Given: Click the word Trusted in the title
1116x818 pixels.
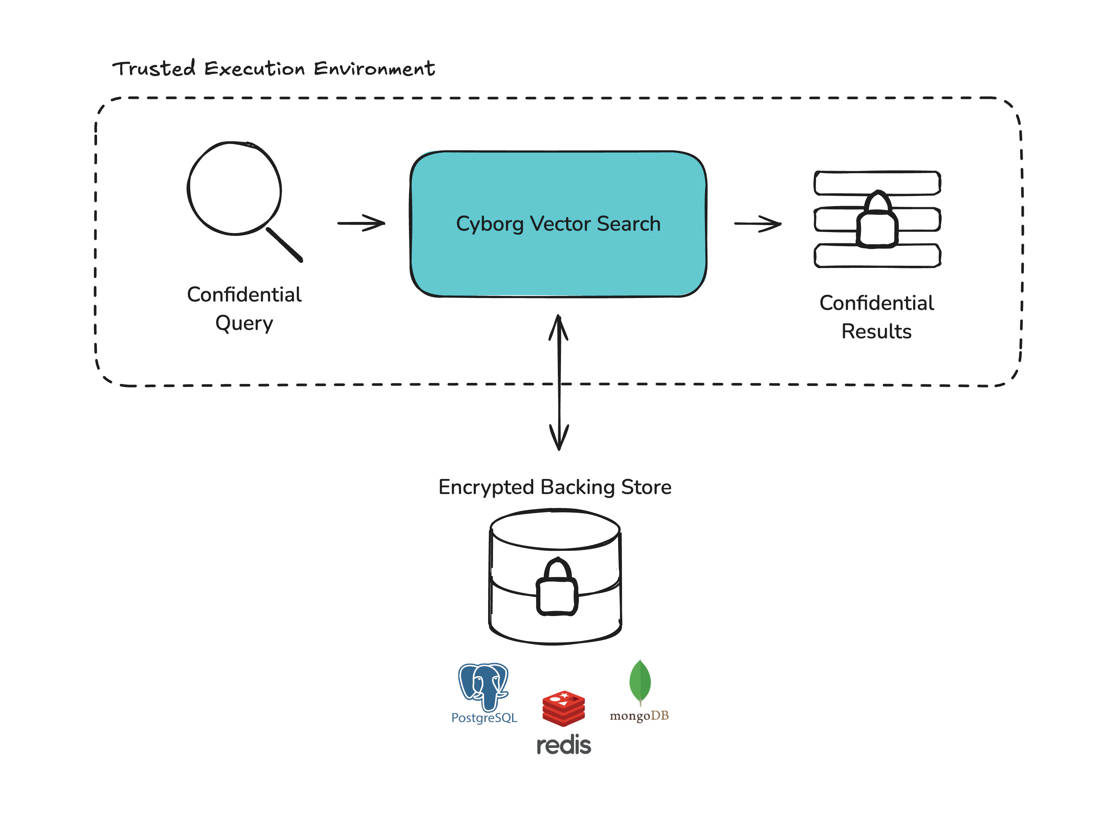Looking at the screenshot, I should [154, 68].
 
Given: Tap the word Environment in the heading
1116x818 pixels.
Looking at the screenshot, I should [374, 68].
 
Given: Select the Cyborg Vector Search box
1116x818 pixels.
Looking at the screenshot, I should [558, 224].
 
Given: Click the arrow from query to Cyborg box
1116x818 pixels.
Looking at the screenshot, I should [361, 223].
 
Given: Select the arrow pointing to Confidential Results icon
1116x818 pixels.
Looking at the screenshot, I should [758, 224].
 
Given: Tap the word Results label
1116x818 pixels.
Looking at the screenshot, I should [876, 331].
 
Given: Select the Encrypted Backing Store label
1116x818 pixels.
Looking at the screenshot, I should [555, 487].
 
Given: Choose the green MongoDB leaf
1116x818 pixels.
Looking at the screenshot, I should [640, 681].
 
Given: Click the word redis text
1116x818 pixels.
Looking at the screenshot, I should [564, 745].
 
